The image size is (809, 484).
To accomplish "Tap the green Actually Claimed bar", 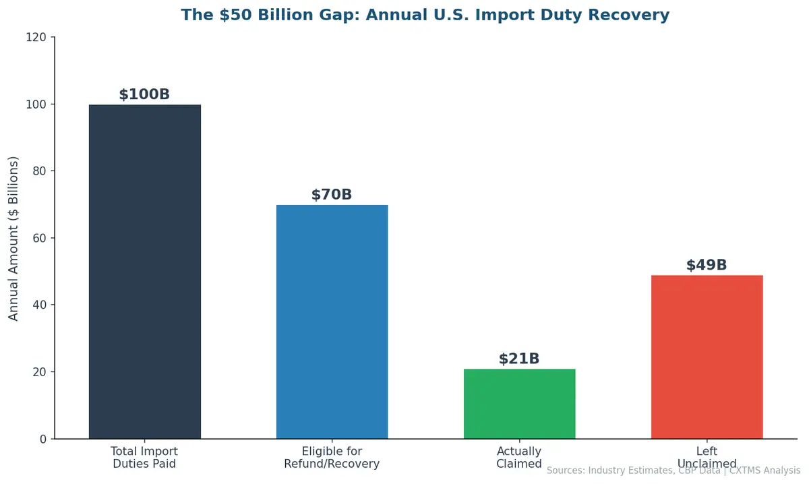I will tap(519, 404).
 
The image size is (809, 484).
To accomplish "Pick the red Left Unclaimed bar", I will tap(707, 357).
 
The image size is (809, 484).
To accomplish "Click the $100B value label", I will tap(144, 94).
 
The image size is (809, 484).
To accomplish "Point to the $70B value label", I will tap(332, 195).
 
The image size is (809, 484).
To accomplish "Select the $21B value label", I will tap(519, 359).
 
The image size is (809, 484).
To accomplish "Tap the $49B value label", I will tap(707, 265).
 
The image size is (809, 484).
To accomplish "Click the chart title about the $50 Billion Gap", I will tap(425, 15).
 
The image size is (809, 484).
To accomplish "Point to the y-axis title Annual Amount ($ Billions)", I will tap(14, 238).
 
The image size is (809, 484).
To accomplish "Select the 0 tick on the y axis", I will tap(42, 439).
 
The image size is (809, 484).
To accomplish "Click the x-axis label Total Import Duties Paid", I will tap(144, 457).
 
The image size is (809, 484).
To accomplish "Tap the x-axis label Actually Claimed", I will tap(519, 457).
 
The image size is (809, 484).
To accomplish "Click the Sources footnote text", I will tap(673, 471).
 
